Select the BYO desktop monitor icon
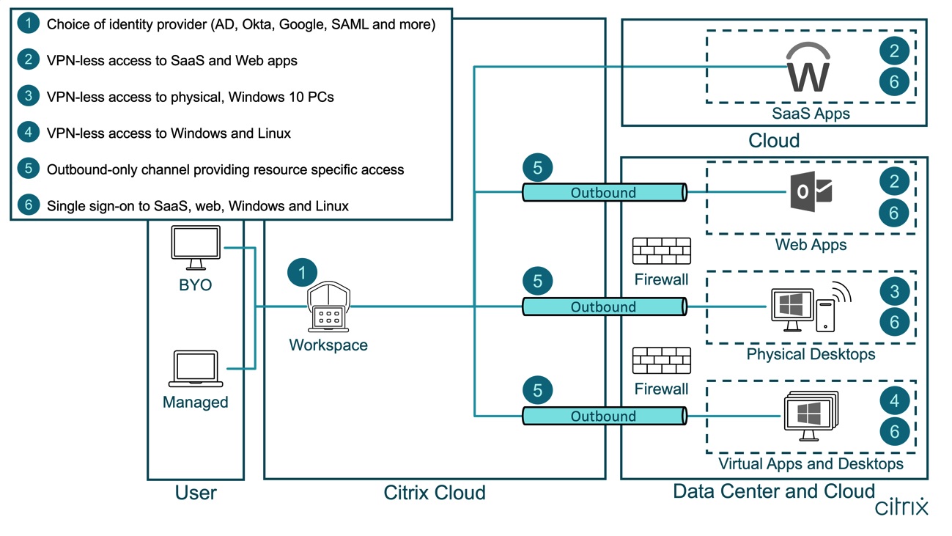(x=194, y=248)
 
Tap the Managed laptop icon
(x=195, y=369)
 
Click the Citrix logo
(x=902, y=507)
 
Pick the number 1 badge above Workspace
(x=302, y=273)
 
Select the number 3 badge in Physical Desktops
(x=894, y=291)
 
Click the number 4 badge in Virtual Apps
(x=894, y=400)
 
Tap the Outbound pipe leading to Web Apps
(x=603, y=193)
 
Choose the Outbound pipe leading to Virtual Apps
(x=603, y=416)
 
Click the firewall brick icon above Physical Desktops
(x=661, y=252)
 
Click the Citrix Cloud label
(x=435, y=493)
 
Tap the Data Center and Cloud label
(x=774, y=491)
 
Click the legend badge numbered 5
(x=29, y=169)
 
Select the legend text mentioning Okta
(x=241, y=24)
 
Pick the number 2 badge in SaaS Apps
(x=894, y=51)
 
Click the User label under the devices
(x=196, y=493)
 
